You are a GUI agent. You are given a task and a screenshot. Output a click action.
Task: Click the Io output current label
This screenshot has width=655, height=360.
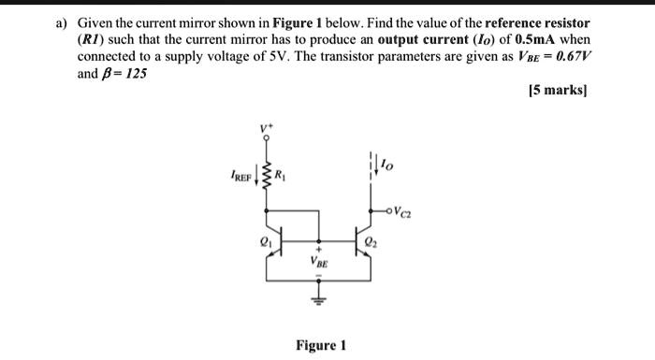pos(388,166)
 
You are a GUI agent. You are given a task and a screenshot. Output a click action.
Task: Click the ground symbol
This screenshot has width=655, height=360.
pos(319,300)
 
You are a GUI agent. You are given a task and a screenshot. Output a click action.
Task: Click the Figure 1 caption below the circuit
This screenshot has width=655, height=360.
pos(321,345)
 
